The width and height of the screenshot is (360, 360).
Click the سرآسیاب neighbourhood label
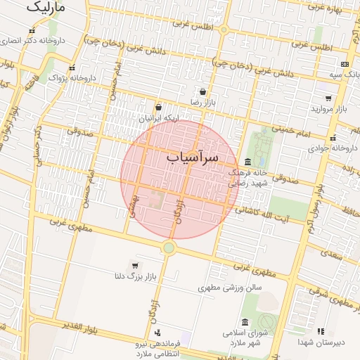click(x=193, y=157)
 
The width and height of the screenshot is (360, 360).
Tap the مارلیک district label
click(x=46, y=8)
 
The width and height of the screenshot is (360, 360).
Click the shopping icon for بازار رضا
click(x=203, y=91)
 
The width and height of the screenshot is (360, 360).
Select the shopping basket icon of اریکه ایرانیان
click(x=158, y=108)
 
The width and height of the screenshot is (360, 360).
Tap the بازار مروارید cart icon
click(x=328, y=98)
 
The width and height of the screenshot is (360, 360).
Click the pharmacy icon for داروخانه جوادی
click(x=333, y=138)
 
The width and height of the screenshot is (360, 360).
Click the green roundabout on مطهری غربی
click(x=169, y=247)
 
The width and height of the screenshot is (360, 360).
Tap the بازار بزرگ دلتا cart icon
click(x=134, y=265)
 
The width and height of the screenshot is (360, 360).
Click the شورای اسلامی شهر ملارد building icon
click(x=245, y=322)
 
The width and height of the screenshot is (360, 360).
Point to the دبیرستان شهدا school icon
click(x=321, y=330)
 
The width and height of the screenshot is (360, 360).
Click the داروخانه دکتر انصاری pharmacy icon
click(x=32, y=30)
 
